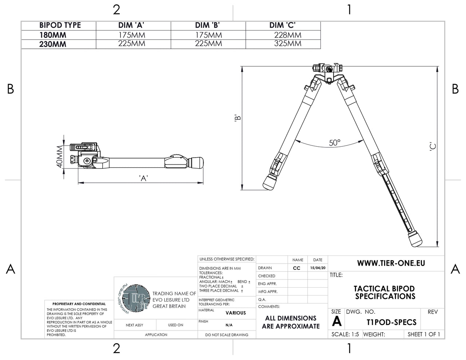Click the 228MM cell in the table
288,35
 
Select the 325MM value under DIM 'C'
288,44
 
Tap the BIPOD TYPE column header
60,25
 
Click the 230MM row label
53,44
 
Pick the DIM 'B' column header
208,25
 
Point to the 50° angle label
335,143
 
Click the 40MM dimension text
60,157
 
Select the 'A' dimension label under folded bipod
143,178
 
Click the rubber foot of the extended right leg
415,239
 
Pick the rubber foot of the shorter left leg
270,182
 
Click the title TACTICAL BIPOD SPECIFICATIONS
385,293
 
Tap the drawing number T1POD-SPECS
391,322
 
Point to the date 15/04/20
317,268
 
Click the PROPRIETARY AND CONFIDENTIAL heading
79,304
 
